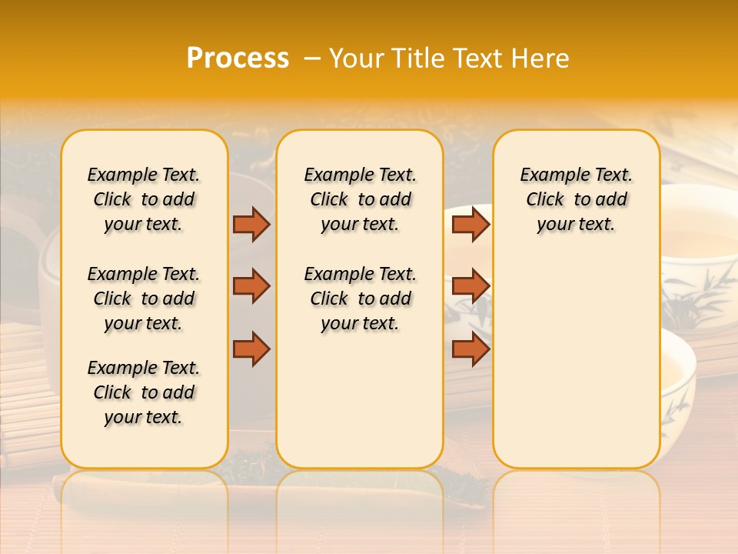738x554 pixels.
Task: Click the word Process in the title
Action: pos(238,58)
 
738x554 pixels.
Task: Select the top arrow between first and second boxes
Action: pos(251,224)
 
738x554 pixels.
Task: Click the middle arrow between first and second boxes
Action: pos(251,286)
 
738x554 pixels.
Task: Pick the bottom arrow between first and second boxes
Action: pos(251,349)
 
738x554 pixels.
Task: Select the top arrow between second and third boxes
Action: pos(470,224)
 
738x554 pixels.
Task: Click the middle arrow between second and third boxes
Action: pos(470,286)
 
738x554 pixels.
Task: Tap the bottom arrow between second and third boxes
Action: pos(470,349)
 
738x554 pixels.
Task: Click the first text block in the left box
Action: pos(144,199)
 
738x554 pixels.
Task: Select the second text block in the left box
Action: pos(144,299)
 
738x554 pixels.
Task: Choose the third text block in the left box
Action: pos(144,392)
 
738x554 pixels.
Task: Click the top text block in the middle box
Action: pos(360,199)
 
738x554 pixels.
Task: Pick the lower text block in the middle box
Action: pos(360,299)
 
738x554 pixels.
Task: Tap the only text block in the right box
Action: pos(576,199)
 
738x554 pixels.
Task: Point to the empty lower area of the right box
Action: pos(576,362)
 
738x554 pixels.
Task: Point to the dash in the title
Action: pos(312,58)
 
